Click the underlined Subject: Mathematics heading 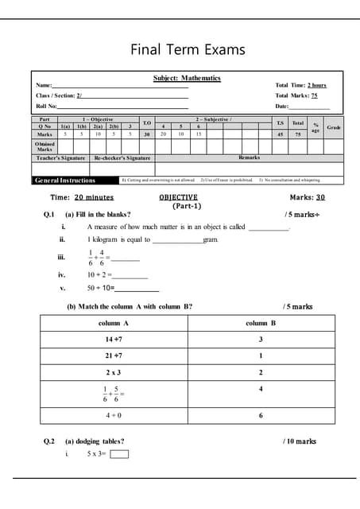point(187,78)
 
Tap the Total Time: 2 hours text point(300,85)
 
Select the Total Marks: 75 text point(296,95)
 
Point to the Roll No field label point(46,106)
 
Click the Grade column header point(334,127)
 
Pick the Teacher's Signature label point(60,158)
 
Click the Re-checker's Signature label point(123,158)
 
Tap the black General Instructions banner point(64,181)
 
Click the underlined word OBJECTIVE point(178,196)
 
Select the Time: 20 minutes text point(82,196)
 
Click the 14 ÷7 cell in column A point(113,340)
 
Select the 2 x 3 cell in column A point(113,372)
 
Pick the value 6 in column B point(261,415)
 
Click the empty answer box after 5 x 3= point(119,454)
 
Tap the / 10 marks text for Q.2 point(300,441)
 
